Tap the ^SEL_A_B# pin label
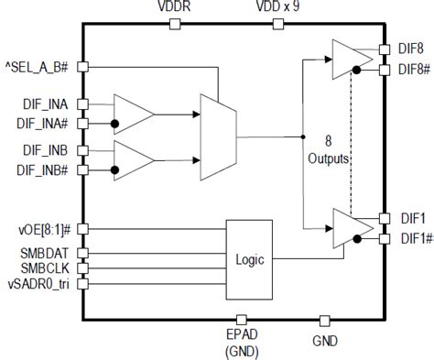pyautogui.click(x=38, y=66)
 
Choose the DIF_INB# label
pyautogui.click(x=40, y=169)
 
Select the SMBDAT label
pyautogui.click(x=44, y=251)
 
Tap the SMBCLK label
pyautogui.click(x=44, y=267)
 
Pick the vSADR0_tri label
pyautogui.click(x=38, y=285)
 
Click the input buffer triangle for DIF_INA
pyautogui.click(x=133, y=113)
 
